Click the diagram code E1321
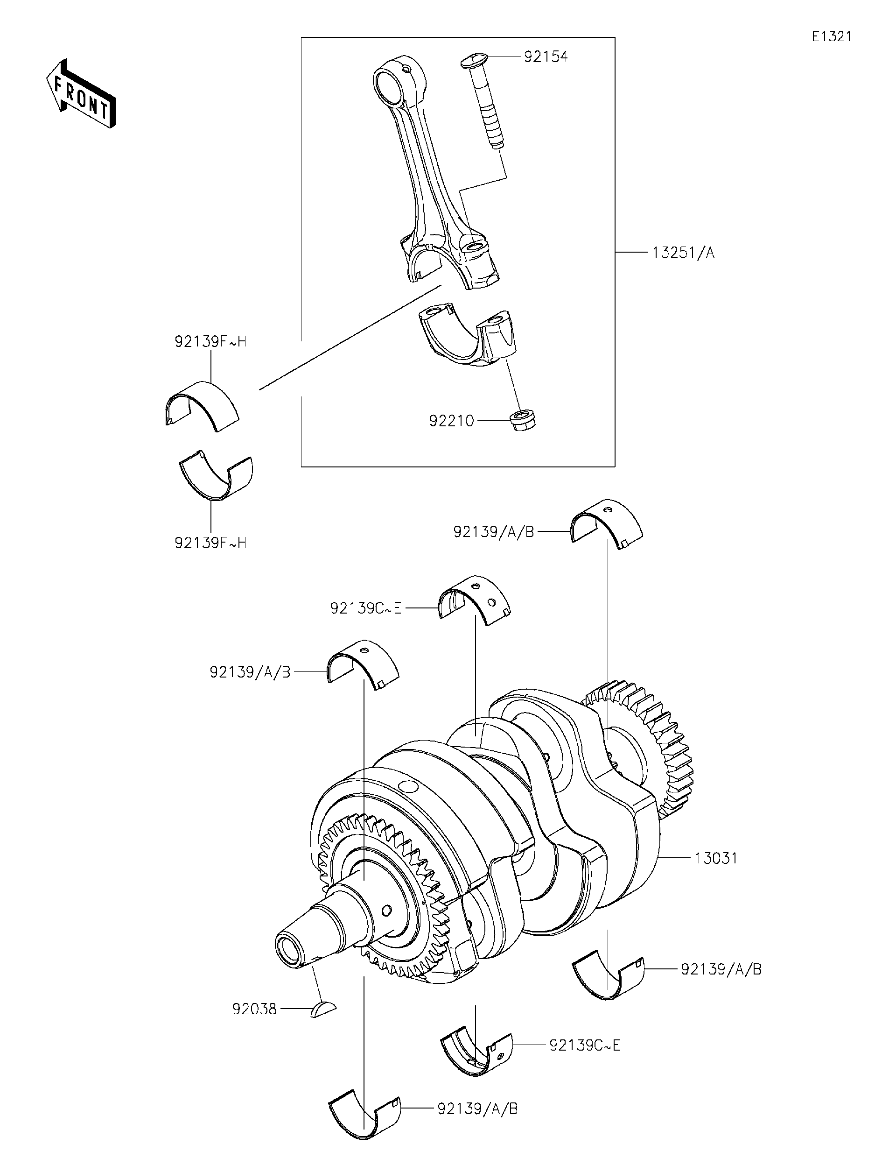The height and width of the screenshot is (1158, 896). click(x=831, y=36)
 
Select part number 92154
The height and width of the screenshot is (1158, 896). click(x=545, y=57)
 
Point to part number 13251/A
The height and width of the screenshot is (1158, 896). click(x=682, y=253)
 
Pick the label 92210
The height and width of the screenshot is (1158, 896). click(x=451, y=421)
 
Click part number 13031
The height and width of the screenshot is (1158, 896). click(x=716, y=857)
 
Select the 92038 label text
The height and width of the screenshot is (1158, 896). click(x=254, y=1009)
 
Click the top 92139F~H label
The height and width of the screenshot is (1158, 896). click(x=210, y=342)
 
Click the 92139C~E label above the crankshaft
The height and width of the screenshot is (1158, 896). click(x=365, y=608)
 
